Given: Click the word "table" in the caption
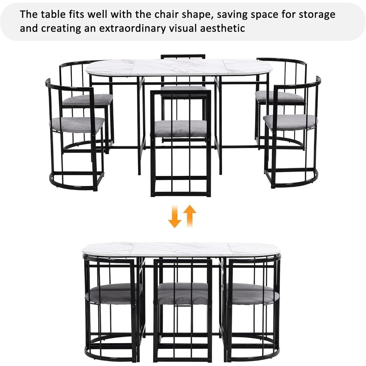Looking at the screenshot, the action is pyautogui.click(x=52, y=14).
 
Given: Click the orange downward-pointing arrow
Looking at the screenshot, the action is pyautogui.click(x=174, y=216).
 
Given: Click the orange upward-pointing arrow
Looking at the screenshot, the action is pyautogui.click(x=190, y=216).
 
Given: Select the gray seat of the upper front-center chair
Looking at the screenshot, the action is pyautogui.click(x=181, y=129).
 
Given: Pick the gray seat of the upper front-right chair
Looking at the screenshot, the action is pyautogui.click(x=290, y=122).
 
